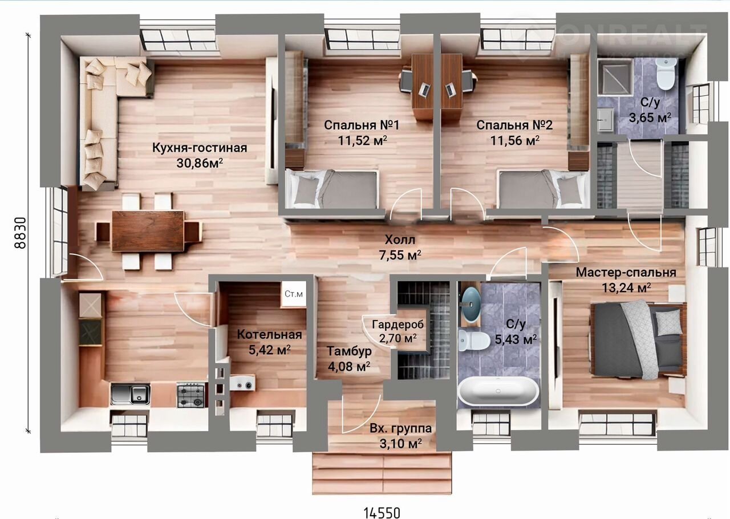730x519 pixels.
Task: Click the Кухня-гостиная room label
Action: [x=200, y=148]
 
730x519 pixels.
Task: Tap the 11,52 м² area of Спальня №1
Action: [x=362, y=140]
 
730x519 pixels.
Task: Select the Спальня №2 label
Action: [x=514, y=125]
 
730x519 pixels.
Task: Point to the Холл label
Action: [x=400, y=240]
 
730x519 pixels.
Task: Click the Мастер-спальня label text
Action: [x=626, y=273]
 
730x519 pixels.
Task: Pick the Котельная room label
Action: [x=269, y=334]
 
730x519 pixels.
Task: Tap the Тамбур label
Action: [x=349, y=351]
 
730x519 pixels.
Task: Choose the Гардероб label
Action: [x=398, y=325]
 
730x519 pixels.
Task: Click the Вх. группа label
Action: [x=400, y=428]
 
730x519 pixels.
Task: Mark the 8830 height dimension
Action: [x=20, y=233]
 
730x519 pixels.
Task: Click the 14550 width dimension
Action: [x=382, y=513]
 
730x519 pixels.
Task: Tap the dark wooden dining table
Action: [x=148, y=231]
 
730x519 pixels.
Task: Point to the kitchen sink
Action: [x=131, y=394]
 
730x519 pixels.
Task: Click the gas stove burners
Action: [x=191, y=395]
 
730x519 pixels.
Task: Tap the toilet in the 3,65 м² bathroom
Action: [x=665, y=74]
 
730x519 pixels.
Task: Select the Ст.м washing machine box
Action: [x=294, y=294]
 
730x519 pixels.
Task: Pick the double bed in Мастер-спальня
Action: [x=639, y=339]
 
